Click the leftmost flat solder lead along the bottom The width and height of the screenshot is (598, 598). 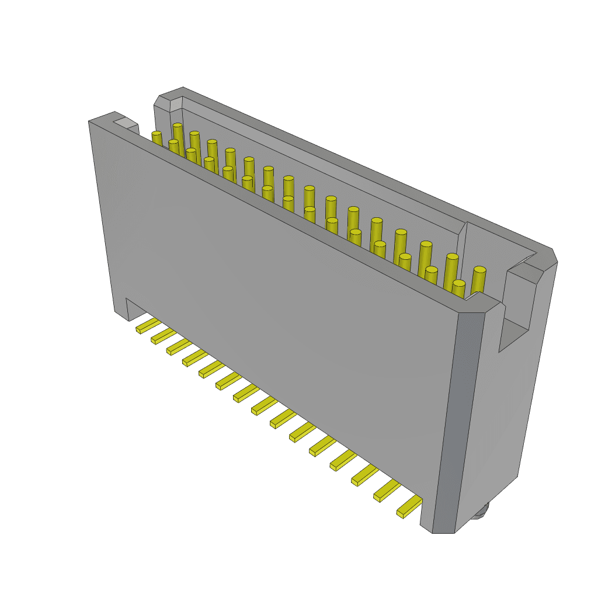148,325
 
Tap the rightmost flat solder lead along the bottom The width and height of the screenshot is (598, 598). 409,506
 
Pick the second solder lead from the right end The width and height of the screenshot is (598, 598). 387,491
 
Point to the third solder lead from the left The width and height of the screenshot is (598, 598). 179,346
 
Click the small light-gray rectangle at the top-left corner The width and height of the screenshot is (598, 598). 125,123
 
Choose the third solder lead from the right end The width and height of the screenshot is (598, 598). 364,475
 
